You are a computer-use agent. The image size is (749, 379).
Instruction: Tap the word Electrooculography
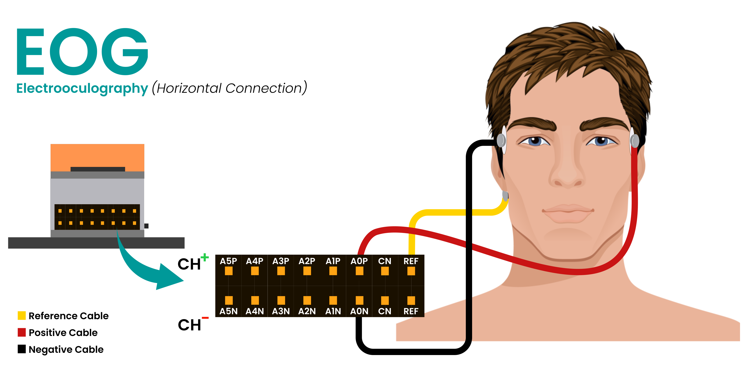click(x=82, y=88)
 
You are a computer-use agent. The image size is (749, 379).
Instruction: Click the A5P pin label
click(x=228, y=261)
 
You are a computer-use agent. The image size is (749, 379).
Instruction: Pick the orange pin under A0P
click(x=359, y=271)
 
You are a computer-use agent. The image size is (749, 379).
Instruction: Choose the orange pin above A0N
click(x=359, y=300)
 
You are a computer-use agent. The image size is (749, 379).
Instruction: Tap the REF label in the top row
click(x=411, y=261)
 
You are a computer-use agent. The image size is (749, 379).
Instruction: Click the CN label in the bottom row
click(x=384, y=311)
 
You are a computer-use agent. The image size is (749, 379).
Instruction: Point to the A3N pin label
click(x=281, y=311)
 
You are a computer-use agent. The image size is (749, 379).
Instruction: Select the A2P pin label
click(x=307, y=261)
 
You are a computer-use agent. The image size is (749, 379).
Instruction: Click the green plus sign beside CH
click(x=205, y=257)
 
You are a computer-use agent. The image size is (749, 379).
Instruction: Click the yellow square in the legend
click(x=22, y=316)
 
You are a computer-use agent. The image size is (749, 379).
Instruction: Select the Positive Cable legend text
click(x=63, y=332)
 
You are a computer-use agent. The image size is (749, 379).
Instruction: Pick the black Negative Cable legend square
click(x=22, y=349)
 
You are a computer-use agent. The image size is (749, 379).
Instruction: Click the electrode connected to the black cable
click(x=501, y=140)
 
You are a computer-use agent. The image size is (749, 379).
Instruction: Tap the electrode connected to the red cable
click(x=634, y=141)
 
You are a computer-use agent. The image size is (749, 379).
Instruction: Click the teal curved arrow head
click(x=169, y=278)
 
